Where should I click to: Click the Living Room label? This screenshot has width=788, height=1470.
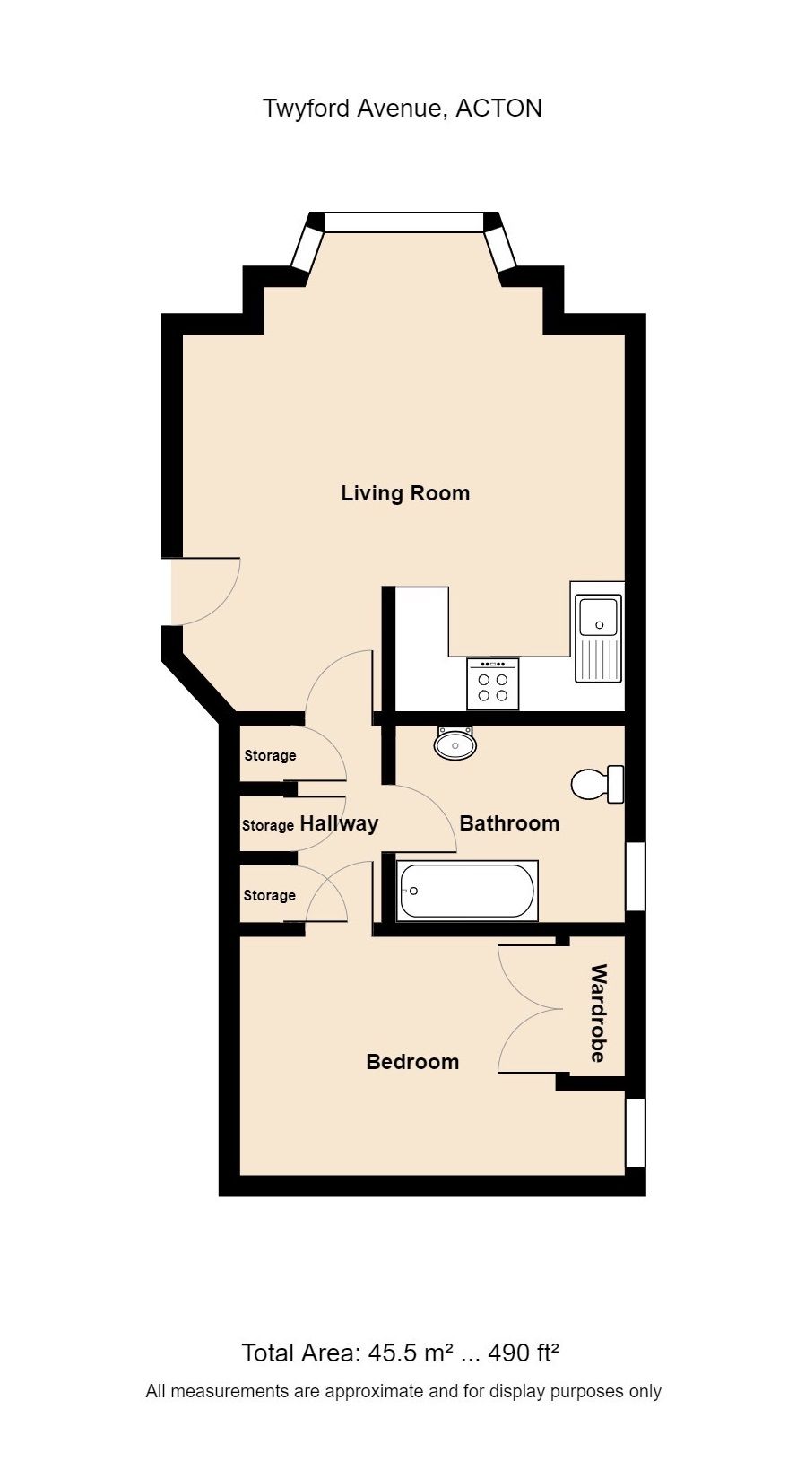(405, 493)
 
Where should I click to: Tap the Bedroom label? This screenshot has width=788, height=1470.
(412, 1062)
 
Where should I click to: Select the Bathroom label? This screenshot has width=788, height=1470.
(509, 823)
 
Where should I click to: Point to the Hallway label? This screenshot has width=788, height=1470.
(339, 823)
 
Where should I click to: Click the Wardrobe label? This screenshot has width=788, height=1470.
(599, 1013)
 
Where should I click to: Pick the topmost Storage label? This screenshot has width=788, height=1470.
(270, 756)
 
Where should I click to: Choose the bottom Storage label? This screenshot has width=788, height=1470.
(269, 896)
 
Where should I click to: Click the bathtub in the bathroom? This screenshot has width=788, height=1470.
(466, 891)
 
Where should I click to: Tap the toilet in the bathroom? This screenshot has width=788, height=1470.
(596, 784)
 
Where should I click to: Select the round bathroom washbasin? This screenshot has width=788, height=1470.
(455, 744)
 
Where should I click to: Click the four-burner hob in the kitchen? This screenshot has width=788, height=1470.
(492, 684)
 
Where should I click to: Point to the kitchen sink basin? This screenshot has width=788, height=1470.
(598, 616)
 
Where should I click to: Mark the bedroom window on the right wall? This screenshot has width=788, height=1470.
(636, 1132)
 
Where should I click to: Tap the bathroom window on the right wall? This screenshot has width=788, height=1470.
(636, 875)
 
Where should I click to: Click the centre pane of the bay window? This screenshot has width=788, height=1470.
(403, 222)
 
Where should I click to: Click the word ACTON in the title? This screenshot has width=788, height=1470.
(499, 109)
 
